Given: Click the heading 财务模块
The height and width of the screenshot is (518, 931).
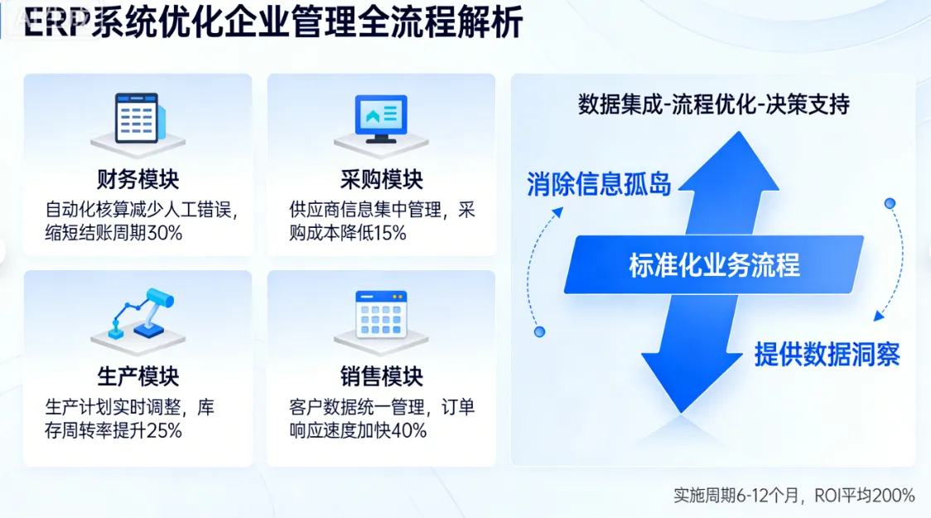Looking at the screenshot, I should (137, 179).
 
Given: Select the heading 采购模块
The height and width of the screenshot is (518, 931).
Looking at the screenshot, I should (381, 179).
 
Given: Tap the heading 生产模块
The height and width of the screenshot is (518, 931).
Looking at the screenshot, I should (137, 376).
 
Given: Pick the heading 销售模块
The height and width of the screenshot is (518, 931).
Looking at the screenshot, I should (381, 376).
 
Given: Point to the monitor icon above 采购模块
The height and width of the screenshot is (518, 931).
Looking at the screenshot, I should (380, 121).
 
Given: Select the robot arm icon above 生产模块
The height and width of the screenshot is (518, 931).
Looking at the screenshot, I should (137, 316).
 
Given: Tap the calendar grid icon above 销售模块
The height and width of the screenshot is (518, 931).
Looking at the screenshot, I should (381, 315).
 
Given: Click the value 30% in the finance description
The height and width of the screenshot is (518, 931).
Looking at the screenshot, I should (164, 233).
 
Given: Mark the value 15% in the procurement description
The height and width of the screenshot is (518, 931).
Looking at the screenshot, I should (389, 233).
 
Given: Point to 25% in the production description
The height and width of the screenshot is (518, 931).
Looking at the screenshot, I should (164, 430).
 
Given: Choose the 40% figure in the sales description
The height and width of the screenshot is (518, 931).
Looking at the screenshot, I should (409, 430).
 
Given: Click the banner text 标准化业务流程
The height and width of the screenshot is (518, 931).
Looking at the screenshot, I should (714, 265).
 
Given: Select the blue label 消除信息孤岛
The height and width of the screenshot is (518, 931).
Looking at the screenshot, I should (599, 184).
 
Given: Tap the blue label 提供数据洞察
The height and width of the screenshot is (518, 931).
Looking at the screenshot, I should (827, 354).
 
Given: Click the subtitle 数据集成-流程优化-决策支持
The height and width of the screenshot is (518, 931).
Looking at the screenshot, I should (713, 104).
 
